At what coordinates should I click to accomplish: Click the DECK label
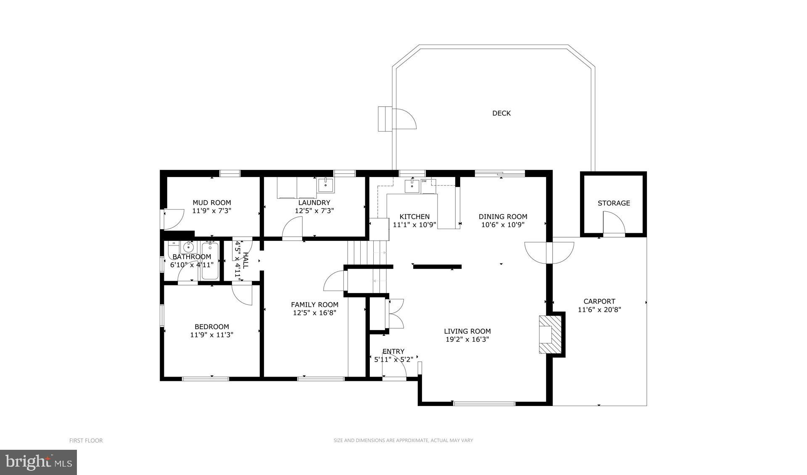click(501, 113)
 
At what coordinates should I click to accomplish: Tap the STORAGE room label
click(614, 203)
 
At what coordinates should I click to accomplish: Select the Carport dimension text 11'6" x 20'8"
click(599, 310)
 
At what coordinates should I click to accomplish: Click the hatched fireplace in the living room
click(551, 335)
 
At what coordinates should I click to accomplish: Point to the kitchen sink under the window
click(412, 185)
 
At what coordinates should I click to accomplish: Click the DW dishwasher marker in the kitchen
click(424, 181)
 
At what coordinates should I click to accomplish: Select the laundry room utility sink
click(326, 185)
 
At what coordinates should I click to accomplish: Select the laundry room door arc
click(292, 229)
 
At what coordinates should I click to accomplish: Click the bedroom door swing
click(243, 295)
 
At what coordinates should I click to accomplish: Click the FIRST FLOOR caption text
click(86, 441)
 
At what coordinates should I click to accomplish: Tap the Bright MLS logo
click(38, 462)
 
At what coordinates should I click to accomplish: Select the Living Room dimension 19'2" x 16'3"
click(467, 339)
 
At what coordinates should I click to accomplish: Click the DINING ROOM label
click(503, 216)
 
